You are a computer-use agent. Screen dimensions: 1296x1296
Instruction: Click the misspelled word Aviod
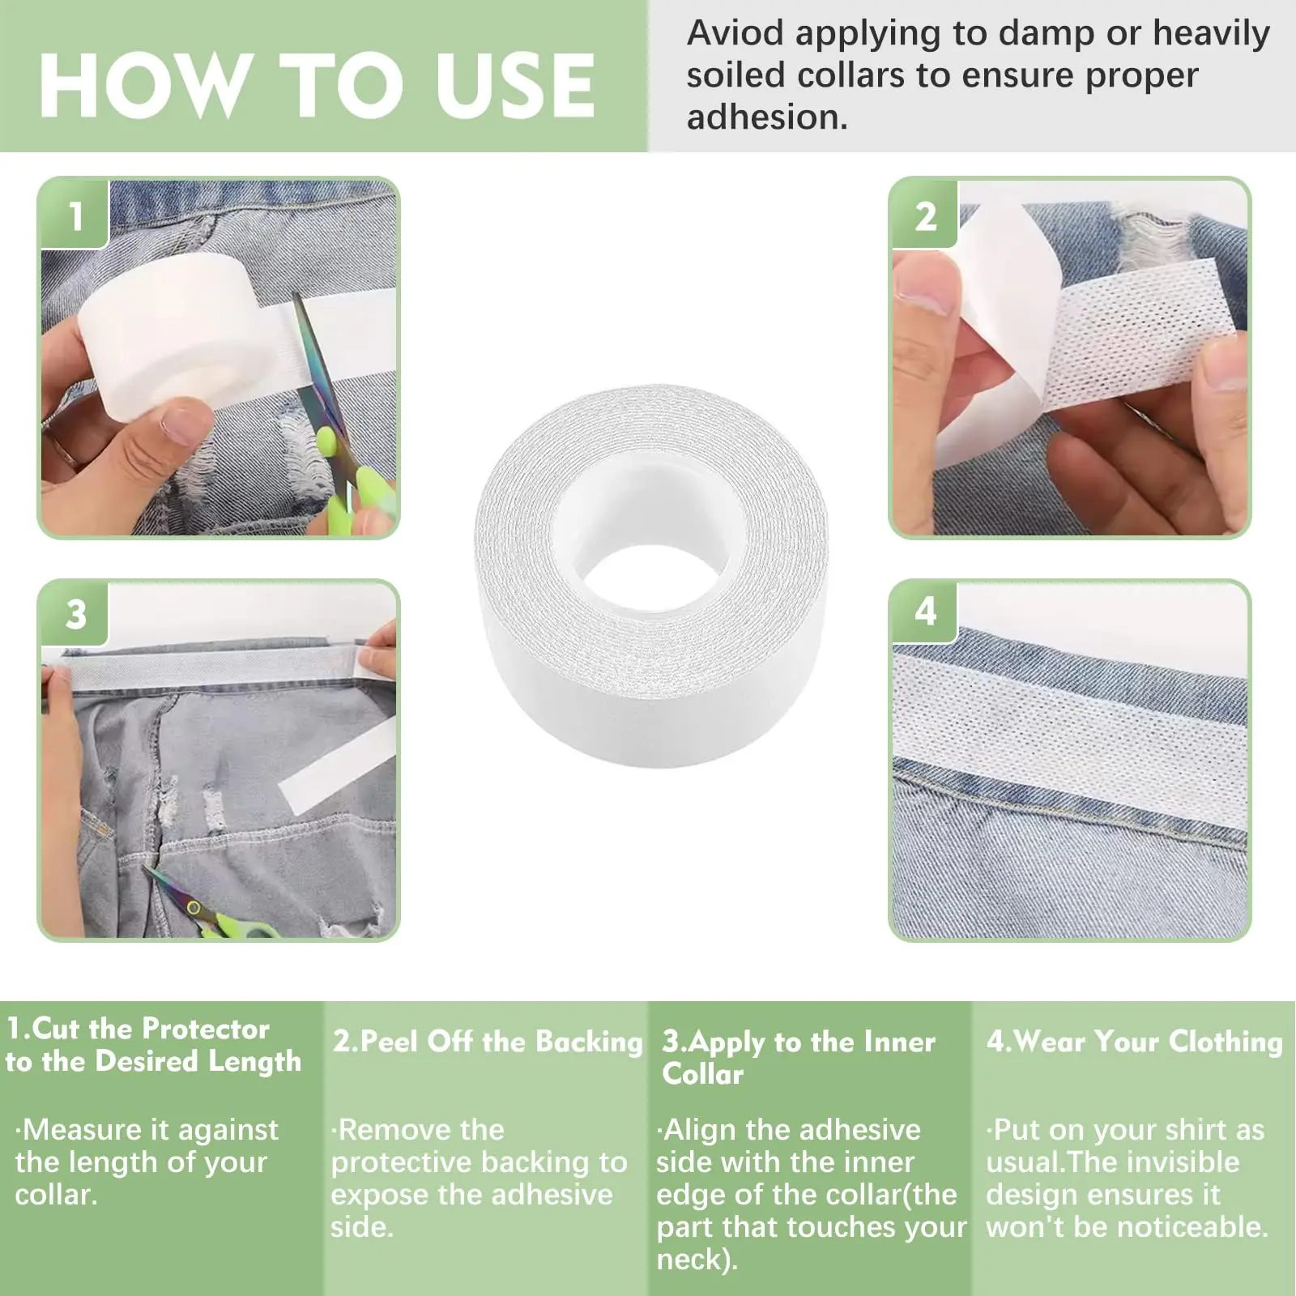click(735, 33)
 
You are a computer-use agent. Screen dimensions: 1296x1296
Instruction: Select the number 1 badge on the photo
click(75, 215)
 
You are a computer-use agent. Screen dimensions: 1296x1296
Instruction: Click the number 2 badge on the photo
click(926, 215)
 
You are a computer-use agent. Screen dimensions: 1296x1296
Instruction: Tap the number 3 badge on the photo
click(75, 614)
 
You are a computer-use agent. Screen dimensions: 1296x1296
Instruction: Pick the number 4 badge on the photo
click(926, 612)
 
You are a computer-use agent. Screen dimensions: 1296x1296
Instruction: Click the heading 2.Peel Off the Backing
click(488, 1042)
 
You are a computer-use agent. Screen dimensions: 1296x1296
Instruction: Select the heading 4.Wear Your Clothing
click(1134, 1042)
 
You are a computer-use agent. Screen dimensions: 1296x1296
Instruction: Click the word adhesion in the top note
click(767, 117)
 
